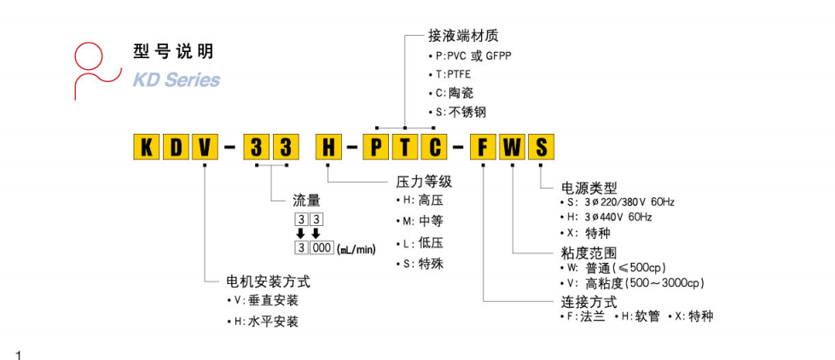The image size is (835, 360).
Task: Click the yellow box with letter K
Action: click(x=146, y=147)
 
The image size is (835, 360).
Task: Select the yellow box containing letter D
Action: click(x=175, y=147)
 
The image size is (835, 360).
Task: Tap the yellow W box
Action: click(x=512, y=147)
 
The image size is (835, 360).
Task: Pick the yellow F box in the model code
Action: click(x=484, y=147)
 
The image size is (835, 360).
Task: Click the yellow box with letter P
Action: click(x=376, y=147)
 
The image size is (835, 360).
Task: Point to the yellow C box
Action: click(x=434, y=147)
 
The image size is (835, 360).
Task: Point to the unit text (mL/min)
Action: click(x=357, y=248)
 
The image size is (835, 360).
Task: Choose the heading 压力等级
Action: click(x=423, y=182)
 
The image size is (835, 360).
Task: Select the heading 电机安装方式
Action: click(x=268, y=281)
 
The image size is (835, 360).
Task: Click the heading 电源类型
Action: click(x=589, y=187)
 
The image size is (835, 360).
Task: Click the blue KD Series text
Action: click(x=176, y=80)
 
